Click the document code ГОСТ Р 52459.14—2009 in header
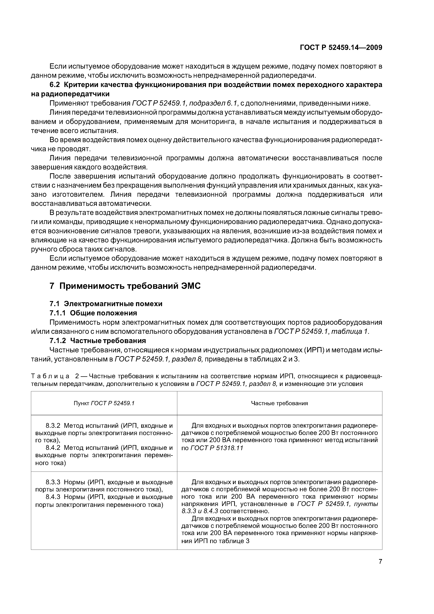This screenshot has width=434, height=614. [x=341, y=48]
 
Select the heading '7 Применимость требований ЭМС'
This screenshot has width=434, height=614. [x=125, y=286]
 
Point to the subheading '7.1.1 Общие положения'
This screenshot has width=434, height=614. [x=93, y=313]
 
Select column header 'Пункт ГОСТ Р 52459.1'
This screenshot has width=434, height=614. [x=104, y=403]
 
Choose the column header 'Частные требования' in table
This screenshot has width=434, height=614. [x=279, y=403]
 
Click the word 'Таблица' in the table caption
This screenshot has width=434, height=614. [x=50, y=376]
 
